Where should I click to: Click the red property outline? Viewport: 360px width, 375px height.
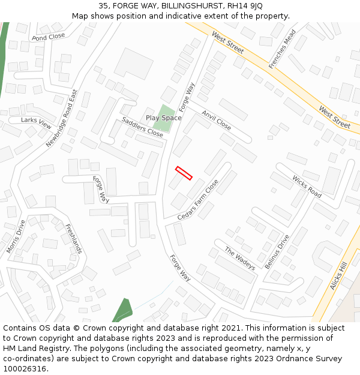pos(184,173)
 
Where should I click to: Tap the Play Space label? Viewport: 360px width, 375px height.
pos(163,118)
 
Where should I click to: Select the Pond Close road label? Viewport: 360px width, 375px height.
pos(48,37)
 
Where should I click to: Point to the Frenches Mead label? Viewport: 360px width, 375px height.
pos(282,49)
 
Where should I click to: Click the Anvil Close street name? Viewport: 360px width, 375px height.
pos(216,120)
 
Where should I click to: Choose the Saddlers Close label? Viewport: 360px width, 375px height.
pos(142,127)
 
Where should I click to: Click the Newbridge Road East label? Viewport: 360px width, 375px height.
pos(62,119)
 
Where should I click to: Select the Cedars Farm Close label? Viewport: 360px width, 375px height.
pos(198,199)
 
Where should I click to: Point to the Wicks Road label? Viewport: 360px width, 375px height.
pos(307,187)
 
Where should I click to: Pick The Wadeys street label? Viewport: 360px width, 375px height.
pos(240,258)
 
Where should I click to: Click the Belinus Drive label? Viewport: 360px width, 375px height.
pos(277,251)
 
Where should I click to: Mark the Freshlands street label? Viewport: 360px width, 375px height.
pos(74,238)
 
